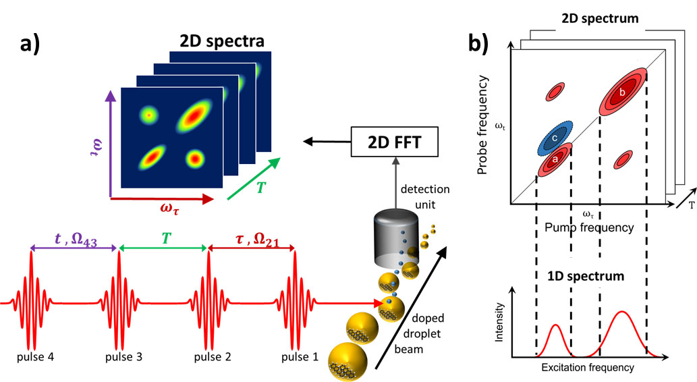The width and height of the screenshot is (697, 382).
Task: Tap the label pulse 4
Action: coord(30,356)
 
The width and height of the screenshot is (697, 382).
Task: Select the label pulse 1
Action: coord(294,356)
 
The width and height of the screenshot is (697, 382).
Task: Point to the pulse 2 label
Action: coord(208,356)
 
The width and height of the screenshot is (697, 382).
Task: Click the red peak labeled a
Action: coord(555,159)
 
